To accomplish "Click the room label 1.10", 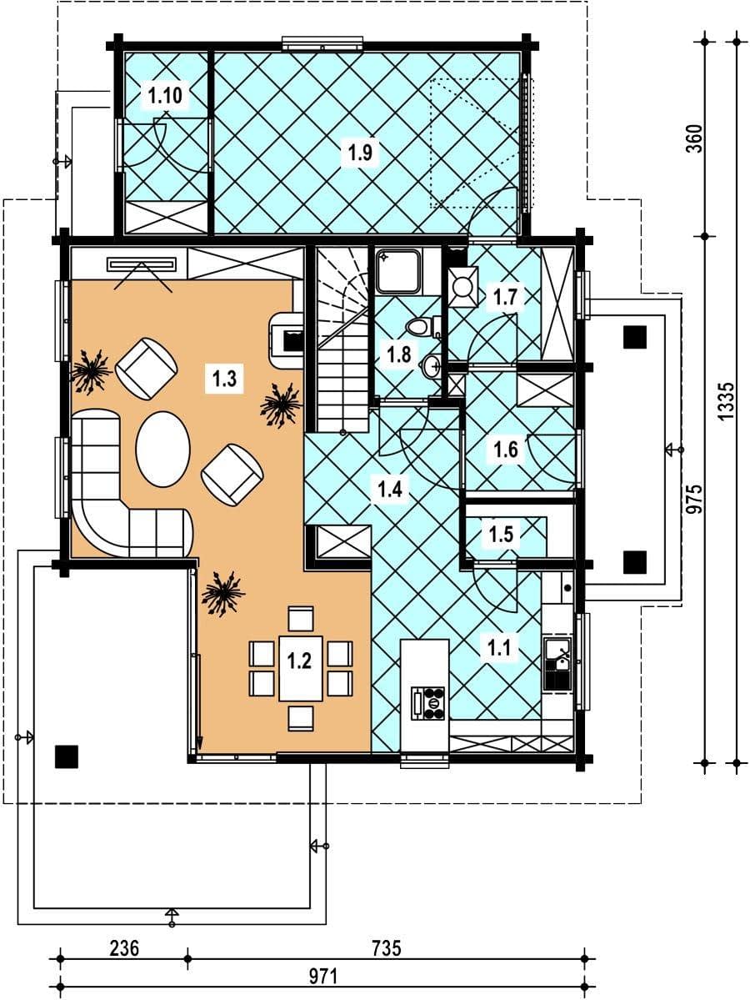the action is coord(165,96).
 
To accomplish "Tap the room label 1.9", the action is coord(360,153).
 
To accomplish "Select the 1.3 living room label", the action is coord(224,378).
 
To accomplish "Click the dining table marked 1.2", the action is coord(299,667).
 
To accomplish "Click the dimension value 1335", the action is coord(727,401).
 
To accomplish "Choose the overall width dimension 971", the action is coord(323,977).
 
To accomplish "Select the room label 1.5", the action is coord(501,533).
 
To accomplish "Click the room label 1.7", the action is coord(505,297).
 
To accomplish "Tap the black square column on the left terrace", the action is coord(67,756).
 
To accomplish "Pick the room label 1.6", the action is coord(506,450).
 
